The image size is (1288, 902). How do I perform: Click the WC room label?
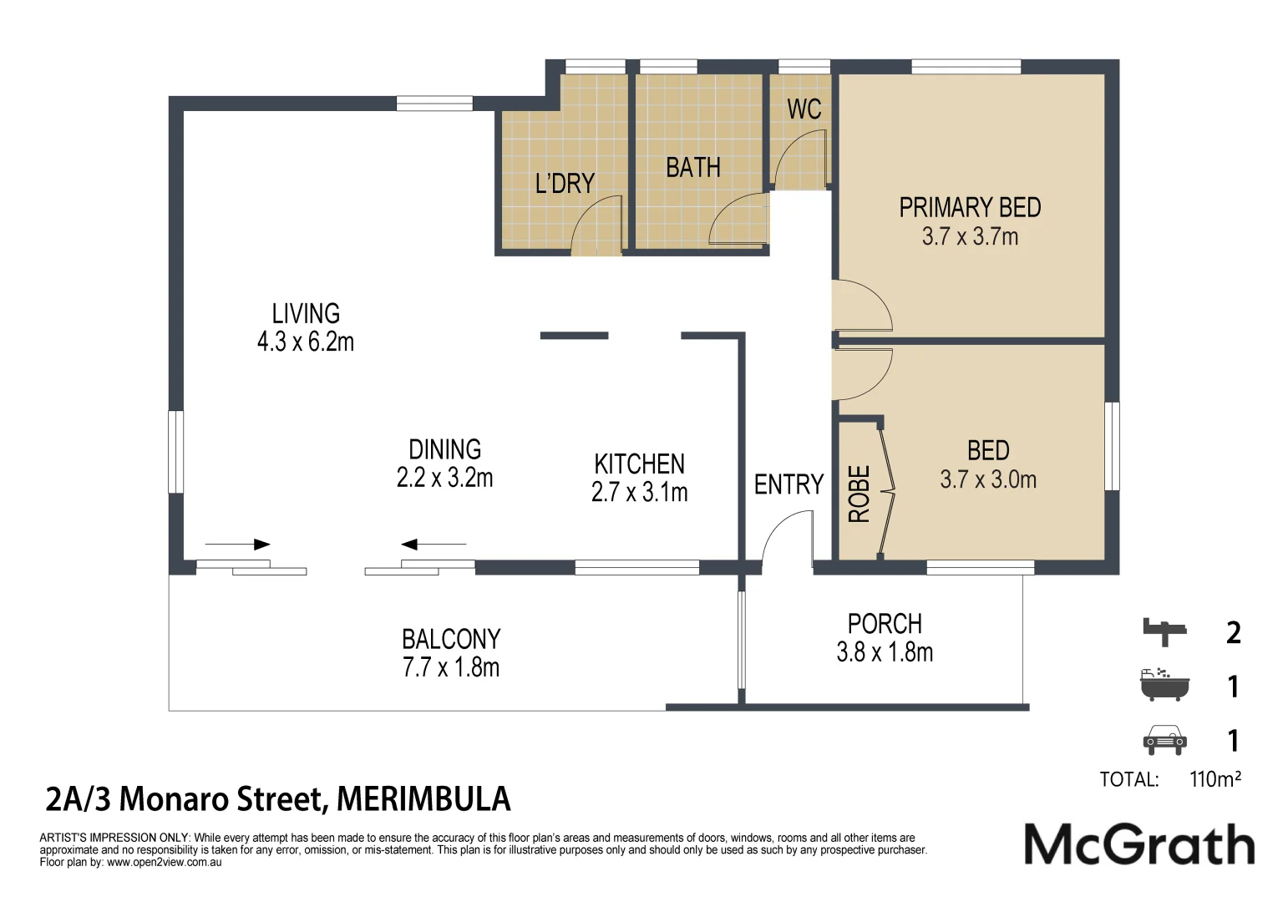point(804,109)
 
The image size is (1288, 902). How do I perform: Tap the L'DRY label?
point(565,184)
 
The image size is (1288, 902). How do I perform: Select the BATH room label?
point(692,168)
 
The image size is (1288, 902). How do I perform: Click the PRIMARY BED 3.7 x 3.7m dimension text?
point(970,237)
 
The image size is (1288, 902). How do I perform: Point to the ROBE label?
point(860,494)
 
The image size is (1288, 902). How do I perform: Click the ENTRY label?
point(788,484)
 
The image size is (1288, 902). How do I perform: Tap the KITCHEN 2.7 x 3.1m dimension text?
point(639,493)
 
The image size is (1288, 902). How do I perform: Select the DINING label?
point(444,449)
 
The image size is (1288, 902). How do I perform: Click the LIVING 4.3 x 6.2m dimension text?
point(306,342)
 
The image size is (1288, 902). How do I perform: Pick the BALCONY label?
point(451,639)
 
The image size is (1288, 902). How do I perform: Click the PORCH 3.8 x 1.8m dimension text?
point(885,652)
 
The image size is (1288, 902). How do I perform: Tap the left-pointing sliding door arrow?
point(433,545)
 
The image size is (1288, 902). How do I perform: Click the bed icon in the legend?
point(1164,631)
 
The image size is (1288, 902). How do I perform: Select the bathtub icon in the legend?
point(1164,685)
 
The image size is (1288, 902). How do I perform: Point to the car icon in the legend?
point(1164,739)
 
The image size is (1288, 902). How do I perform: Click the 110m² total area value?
point(1214,779)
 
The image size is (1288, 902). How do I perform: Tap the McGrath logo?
point(1139,844)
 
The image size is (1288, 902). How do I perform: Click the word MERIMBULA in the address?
point(423,799)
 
